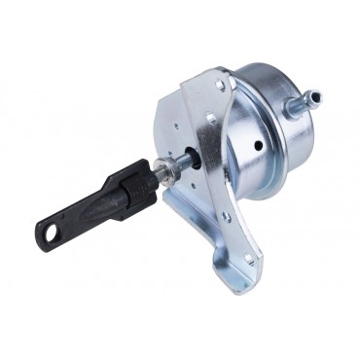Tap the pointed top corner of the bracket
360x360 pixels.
[227, 70]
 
